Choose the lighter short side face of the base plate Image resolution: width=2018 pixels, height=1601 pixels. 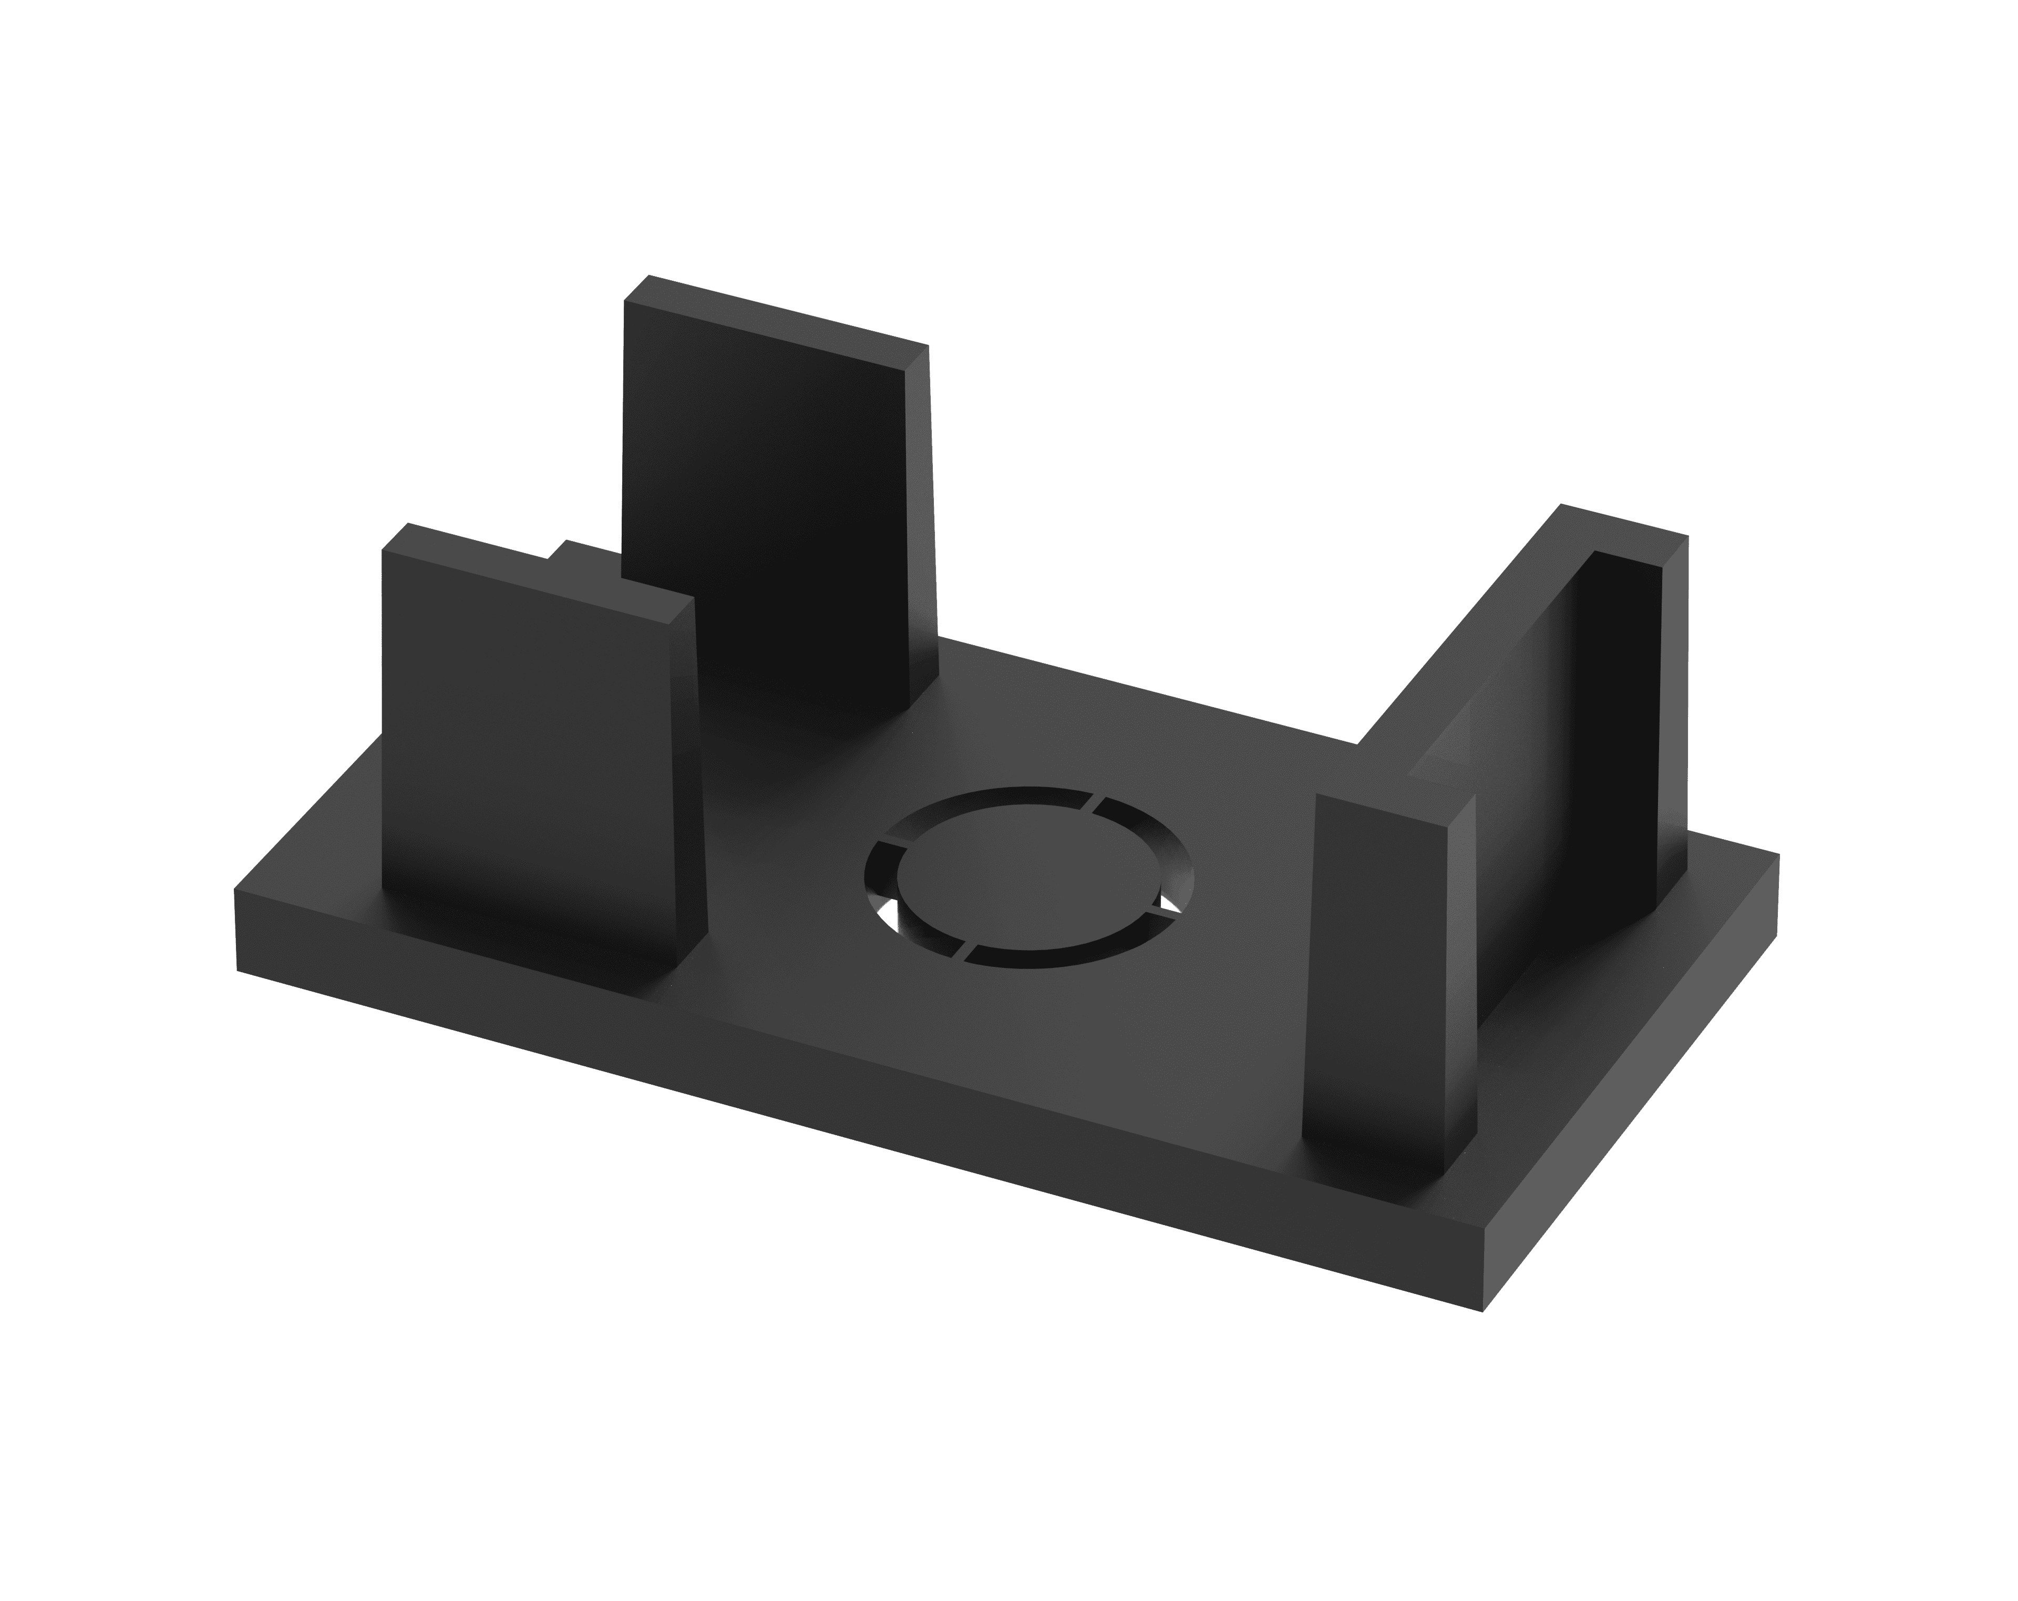click(1629, 1077)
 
